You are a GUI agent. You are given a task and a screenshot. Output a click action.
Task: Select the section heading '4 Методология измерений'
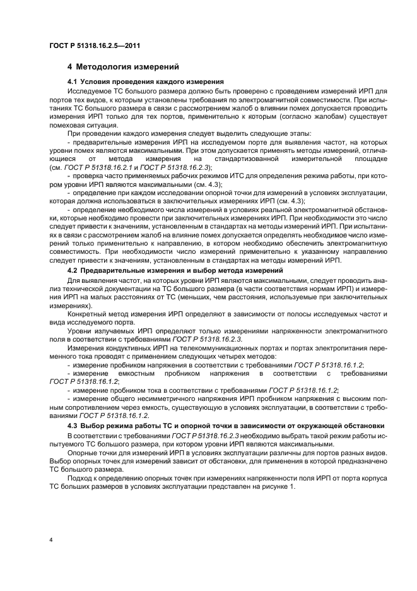coord(124,66)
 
